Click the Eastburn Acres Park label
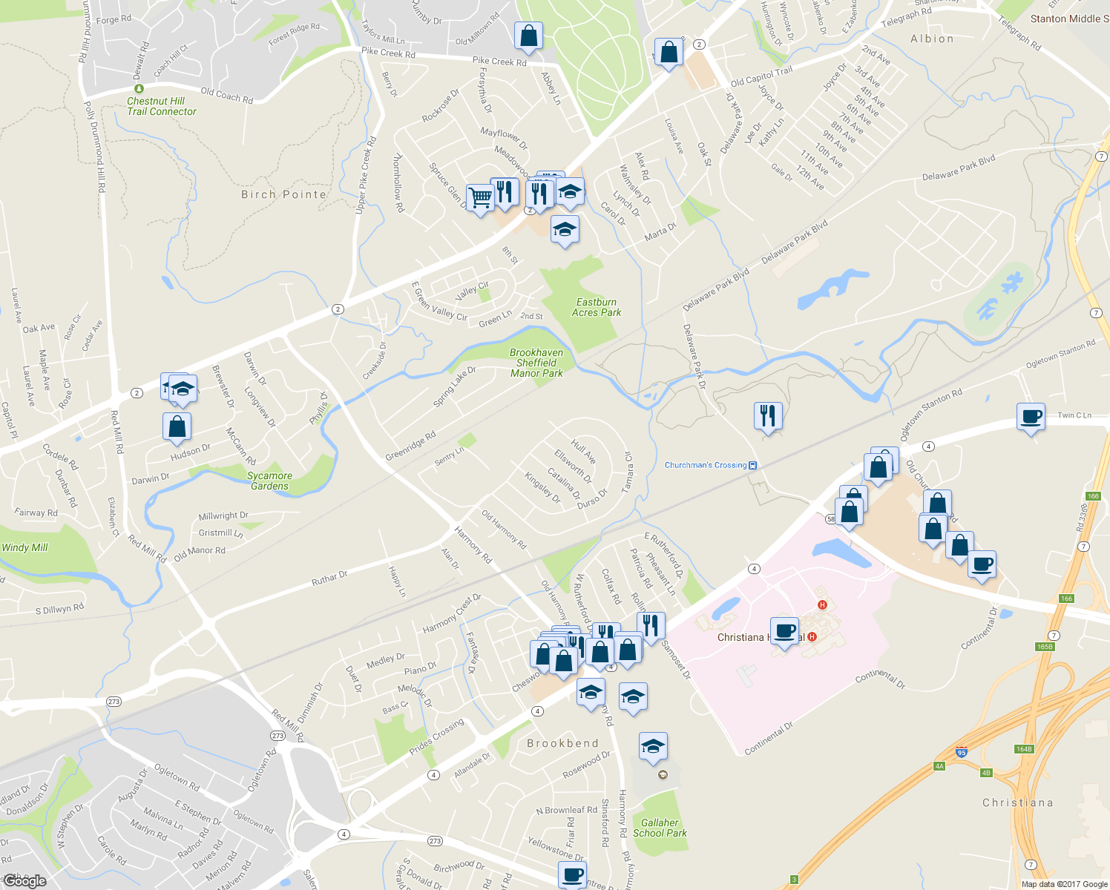click(597, 307)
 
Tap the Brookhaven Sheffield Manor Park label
click(536, 363)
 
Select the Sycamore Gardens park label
click(269, 481)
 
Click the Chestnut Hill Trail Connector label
click(161, 106)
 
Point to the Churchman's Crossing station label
click(706, 465)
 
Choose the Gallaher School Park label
click(660, 828)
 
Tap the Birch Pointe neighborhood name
click(283, 194)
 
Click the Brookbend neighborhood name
click(562, 743)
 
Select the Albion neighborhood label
click(932, 39)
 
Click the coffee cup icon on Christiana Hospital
click(784, 631)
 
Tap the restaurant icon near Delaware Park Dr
click(768, 415)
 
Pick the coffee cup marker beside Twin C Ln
click(1031, 417)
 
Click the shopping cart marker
click(480, 198)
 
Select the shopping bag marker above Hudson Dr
click(177, 426)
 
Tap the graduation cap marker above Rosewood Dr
click(653, 746)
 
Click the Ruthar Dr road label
click(329, 578)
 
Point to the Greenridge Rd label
click(410, 446)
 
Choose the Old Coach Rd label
click(226, 96)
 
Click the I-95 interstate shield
click(962, 752)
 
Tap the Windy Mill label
click(24, 547)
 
